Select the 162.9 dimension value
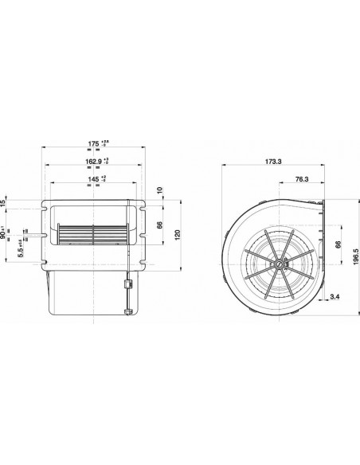pyautogui.click(x=93, y=162)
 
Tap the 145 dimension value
pyautogui.click(x=93, y=181)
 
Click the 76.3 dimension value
pyautogui.click(x=302, y=179)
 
